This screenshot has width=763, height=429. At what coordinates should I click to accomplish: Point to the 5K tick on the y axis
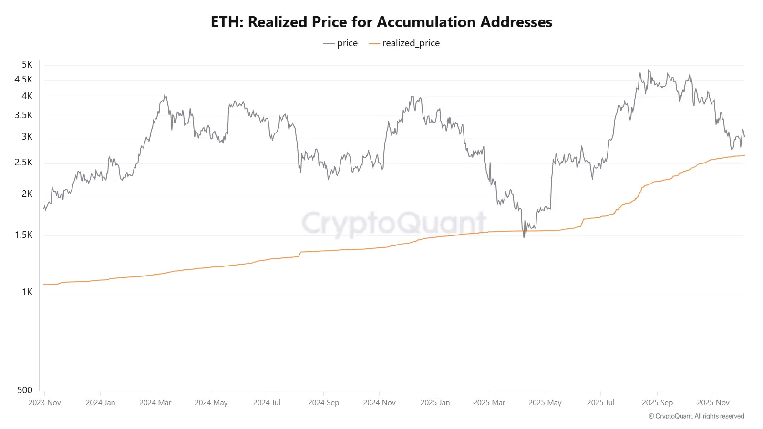pyautogui.click(x=27, y=64)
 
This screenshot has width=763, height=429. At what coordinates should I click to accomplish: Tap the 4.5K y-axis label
pyautogui.click(x=23, y=79)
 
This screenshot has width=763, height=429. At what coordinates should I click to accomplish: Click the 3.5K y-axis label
pyautogui.click(x=23, y=115)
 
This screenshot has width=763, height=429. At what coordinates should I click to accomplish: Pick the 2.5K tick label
pyautogui.click(x=23, y=162)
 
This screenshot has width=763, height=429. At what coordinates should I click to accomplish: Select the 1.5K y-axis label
pyautogui.click(x=23, y=235)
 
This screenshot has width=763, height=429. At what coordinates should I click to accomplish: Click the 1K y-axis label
pyautogui.click(x=27, y=292)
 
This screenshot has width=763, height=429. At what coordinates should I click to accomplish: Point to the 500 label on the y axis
pyautogui.click(x=25, y=390)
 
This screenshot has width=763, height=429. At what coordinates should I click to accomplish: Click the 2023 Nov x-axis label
pyautogui.click(x=45, y=402)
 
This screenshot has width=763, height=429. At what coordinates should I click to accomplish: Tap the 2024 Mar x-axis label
pyautogui.click(x=155, y=402)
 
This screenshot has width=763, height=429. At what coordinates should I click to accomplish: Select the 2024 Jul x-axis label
pyautogui.click(x=267, y=402)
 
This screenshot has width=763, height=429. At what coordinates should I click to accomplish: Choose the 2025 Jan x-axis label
pyautogui.click(x=435, y=402)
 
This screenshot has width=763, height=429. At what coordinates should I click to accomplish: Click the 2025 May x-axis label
pyautogui.click(x=545, y=402)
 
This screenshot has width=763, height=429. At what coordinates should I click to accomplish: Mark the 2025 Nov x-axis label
pyautogui.click(x=713, y=402)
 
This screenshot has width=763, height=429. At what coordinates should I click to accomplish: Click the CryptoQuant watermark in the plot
pyautogui.click(x=394, y=223)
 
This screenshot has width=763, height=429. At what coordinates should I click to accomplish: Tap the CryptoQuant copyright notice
pyautogui.click(x=696, y=416)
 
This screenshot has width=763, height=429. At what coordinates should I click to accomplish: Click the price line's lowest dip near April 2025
pyautogui.click(x=524, y=237)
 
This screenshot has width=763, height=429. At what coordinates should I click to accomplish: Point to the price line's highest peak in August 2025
pyautogui.click(x=648, y=70)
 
